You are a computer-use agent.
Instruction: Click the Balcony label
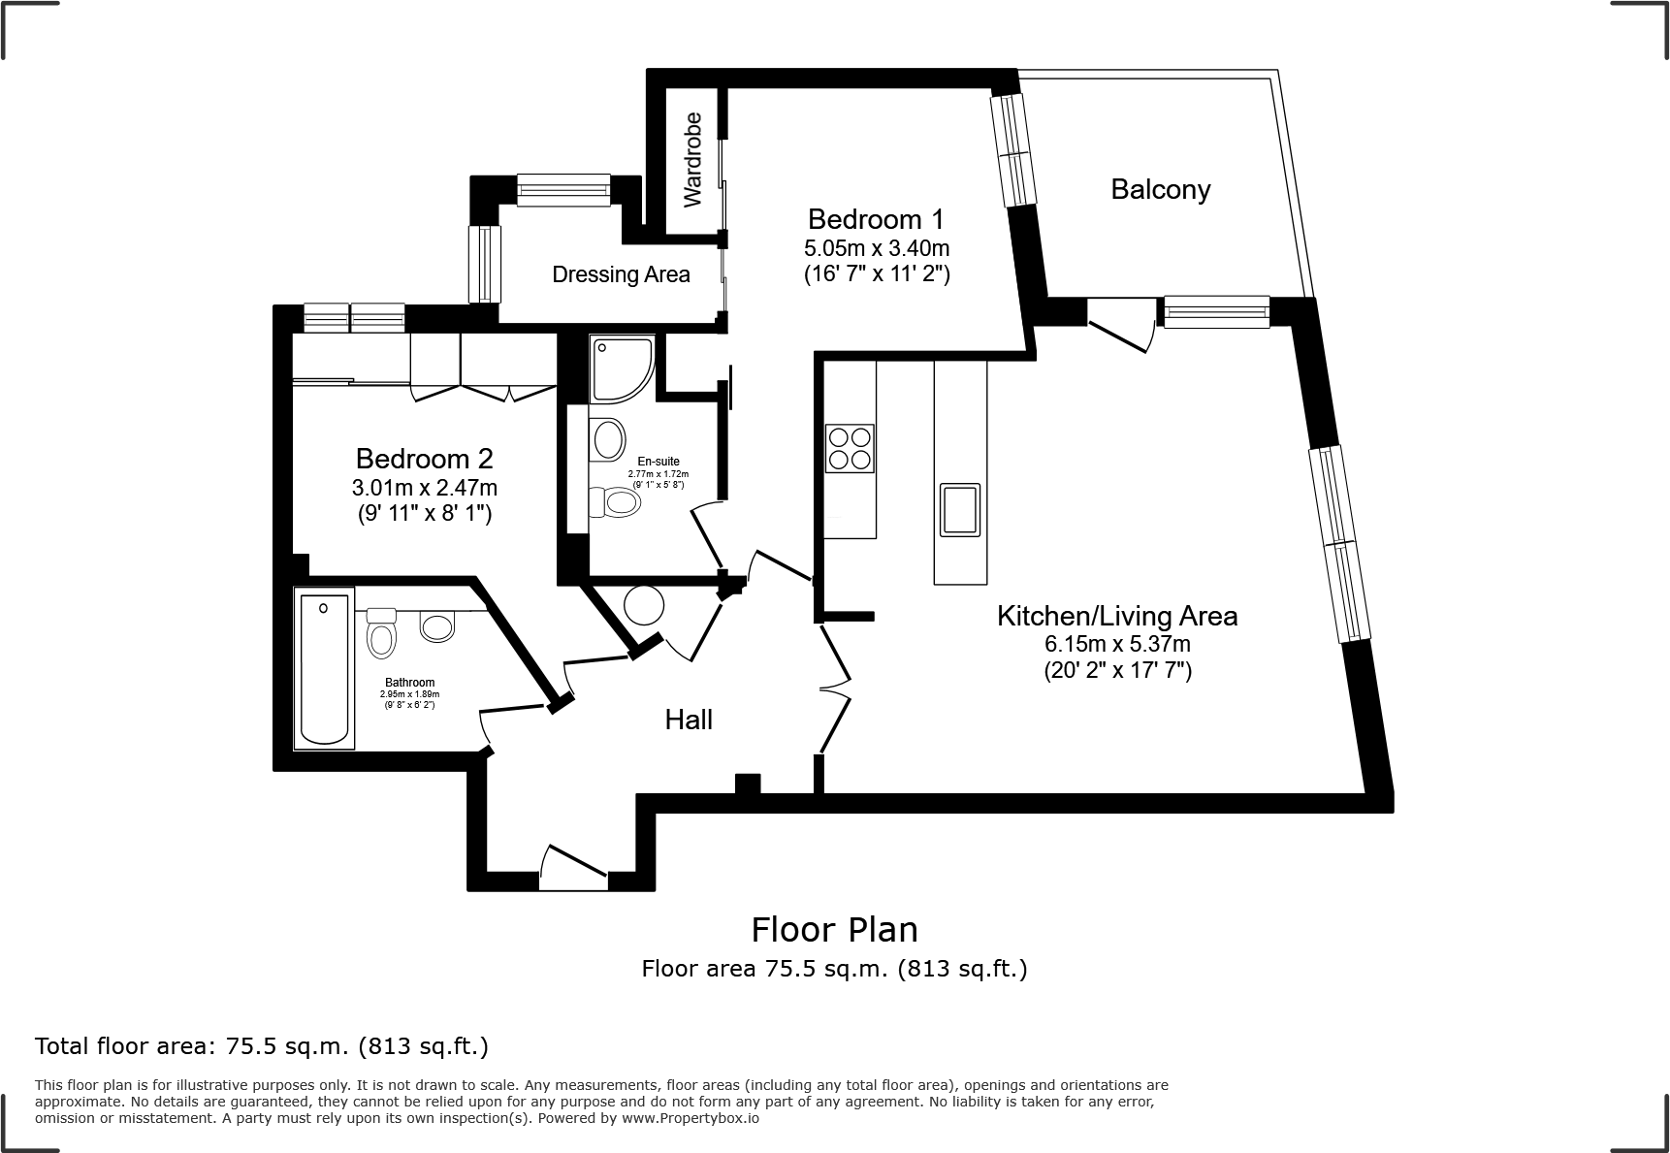pyautogui.click(x=1160, y=189)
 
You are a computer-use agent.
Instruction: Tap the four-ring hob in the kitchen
pyautogui.click(x=850, y=448)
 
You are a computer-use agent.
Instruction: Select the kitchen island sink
pyautogui.click(x=959, y=510)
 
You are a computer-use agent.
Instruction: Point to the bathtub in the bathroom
pyautogui.click(x=325, y=670)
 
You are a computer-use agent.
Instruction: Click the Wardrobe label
pyautogui.click(x=692, y=160)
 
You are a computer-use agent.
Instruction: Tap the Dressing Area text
pyautogui.click(x=621, y=274)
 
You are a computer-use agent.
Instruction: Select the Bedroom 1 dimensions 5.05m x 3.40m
pyautogui.click(x=876, y=249)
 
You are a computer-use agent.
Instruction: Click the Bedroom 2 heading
pyautogui.click(x=424, y=458)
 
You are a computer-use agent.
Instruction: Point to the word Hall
pyautogui.click(x=689, y=720)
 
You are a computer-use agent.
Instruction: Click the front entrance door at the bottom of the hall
pyautogui.click(x=573, y=868)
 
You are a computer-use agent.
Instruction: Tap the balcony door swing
pyautogui.click(x=1121, y=327)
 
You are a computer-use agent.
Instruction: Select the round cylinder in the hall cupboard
pyautogui.click(x=644, y=606)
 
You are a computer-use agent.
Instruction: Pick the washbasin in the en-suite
pyautogui.click(x=608, y=439)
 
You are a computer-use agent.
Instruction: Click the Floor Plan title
pyautogui.click(x=834, y=930)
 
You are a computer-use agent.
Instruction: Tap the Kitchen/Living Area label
pyautogui.click(x=1117, y=616)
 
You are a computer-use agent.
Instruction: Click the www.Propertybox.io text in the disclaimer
pyautogui.click(x=690, y=1118)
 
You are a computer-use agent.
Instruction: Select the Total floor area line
pyautogui.click(x=262, y=1046)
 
